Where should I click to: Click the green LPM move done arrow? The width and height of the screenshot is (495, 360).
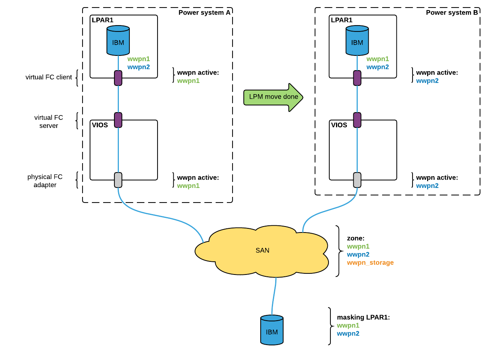[273, 97]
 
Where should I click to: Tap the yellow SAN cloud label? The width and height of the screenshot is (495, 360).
[262, 250]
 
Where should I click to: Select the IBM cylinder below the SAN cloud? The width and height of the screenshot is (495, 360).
[272, 330]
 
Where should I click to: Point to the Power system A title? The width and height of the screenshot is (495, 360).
[204, 13]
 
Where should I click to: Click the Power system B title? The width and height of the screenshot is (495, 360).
[452, 13]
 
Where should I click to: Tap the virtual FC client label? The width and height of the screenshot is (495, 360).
[49, 77]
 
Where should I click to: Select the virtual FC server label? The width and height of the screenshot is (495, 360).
[49, 121]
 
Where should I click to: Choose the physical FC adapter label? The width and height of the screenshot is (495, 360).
[45, 181]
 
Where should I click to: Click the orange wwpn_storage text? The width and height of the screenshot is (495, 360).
[370, 262]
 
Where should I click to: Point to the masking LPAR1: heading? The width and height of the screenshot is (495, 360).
[363, 317]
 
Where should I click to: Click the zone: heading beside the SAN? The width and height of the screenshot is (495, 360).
[355, 238]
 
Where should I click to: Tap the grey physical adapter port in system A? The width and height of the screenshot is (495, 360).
[118, 180]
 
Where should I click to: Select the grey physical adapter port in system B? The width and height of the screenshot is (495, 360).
[357, 180]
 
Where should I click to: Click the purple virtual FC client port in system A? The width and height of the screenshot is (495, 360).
[118, 78]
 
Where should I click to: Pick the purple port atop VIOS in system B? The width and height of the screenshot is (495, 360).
[357, 120]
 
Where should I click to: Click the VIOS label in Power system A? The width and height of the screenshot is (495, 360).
[100, 125]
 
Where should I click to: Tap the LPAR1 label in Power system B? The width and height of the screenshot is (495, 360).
[342, 20]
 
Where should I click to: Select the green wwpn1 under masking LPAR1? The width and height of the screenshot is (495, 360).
[348, 325]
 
